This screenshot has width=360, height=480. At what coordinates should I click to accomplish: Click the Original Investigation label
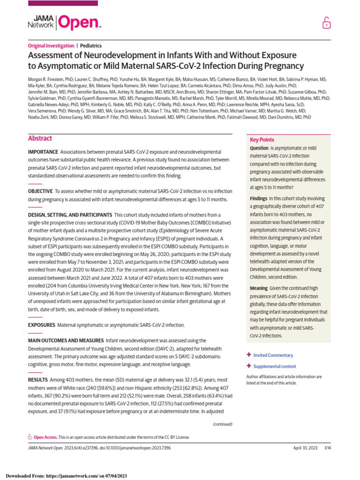[51, 46]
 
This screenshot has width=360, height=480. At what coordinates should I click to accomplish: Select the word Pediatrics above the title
[91, 46]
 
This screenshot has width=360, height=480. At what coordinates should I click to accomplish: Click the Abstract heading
[40, 139]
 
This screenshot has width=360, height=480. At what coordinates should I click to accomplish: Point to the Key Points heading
[262, 140]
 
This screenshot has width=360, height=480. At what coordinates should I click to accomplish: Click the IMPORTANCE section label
[43, 152]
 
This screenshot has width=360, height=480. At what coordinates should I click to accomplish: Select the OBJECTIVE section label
[40, 191]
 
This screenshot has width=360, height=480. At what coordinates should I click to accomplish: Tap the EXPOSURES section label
[41, 325]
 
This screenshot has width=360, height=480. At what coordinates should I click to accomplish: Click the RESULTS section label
[37, 379]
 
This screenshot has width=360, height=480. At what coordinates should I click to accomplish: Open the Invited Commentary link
[273, 355]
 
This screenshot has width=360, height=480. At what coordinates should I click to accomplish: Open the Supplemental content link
[275, 366]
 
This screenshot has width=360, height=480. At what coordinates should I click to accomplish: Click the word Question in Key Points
[259, 148]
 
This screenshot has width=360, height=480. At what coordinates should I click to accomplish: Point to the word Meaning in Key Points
[259, 288]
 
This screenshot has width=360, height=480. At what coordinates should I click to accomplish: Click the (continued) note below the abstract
[223, 424]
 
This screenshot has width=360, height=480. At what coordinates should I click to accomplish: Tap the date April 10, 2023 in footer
[304, 449]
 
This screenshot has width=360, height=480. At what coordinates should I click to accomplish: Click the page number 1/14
[328, 449]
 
